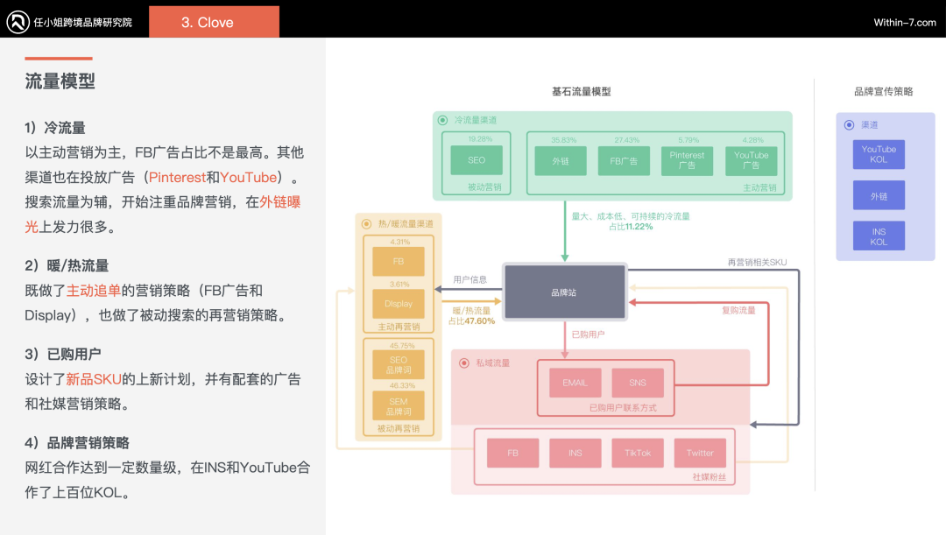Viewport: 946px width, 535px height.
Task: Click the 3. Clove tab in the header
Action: pyautogui.click(x=214, y=22)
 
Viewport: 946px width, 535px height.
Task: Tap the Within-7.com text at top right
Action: pyautogui.click(x=905, y=23)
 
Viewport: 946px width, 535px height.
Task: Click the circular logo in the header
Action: pyautogui.click(x=18, y=22)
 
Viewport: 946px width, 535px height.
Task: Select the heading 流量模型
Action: pyautogui.click(x=60, y=81)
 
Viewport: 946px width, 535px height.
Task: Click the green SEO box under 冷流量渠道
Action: pyautogui.click(x=477, y=160)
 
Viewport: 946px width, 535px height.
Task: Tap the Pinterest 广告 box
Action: pyautogui.click(x=687, y=160)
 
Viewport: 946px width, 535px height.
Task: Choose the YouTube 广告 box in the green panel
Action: pyautogui.click(x=752, y=160)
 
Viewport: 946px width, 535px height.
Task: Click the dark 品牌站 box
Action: pyautogui.click(x=564, y=292)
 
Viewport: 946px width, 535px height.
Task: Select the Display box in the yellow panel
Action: pyautogui.click(x=398, y=304)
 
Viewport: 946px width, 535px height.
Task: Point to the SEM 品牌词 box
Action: pyautogui.click(x=398, y=405)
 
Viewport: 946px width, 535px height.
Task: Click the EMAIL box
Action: pyautogui.click(x=575, y=383)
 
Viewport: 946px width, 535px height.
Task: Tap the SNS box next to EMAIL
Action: pyautogui.click(x=638, y=383)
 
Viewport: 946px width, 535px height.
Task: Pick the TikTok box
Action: pyautogui.click(x=638, y=453)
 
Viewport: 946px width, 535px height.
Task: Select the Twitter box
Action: pyautogui.click(x=700, y=453)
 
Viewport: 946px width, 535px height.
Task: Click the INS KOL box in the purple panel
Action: pyautogui.click(x=879, y=236)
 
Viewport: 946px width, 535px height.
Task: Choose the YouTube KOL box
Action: pyautogui.click(x=879, y=155)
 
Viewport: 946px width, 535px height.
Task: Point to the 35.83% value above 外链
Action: pyautogui.click(x=563, y=140)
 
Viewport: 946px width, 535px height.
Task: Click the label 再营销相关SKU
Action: pyautogui.click(x=756, y=262)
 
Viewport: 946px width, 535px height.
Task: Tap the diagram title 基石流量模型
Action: pyautogui.click(x=581, y=92)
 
